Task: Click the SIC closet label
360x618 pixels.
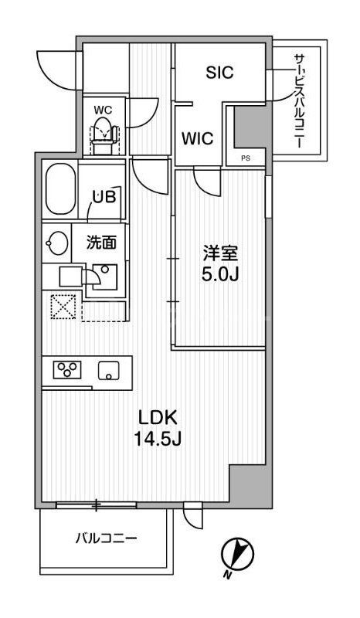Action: (219, 73)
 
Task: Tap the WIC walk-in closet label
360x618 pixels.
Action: (198, 140)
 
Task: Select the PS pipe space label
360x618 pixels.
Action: (246, 158)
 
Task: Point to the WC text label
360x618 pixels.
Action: (103, 110)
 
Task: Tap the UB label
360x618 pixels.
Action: (104, 196)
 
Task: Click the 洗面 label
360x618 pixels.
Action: (101, 243)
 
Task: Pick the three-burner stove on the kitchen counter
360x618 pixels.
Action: (66, 369)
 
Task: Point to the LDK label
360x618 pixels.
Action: (159, 419)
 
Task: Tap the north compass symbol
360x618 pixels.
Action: (236, 553)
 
